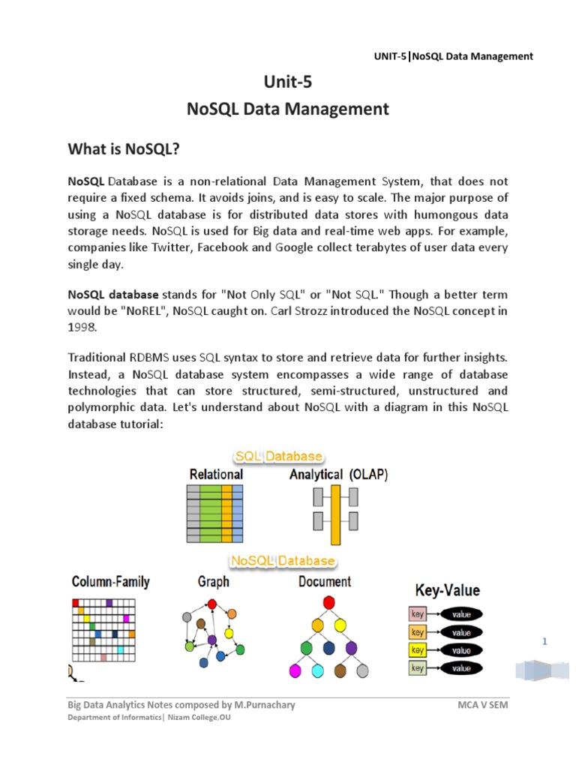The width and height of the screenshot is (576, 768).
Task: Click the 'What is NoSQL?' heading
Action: click(x=124, y=149)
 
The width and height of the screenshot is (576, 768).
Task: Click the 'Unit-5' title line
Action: click(x=288, y=82)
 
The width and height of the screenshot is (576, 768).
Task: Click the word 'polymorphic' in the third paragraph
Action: click(x=101, y=407)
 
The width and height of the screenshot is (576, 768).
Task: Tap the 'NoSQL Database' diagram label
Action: click(x=283, y=561)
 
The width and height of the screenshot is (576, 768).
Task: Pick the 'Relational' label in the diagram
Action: click(x=216, y=474)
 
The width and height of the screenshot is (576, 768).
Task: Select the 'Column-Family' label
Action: click(x=110, y=582)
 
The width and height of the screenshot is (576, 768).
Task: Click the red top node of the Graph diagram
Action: click(x=212, y=604)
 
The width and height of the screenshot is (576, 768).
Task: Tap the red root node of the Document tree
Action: click(x=328, y=601)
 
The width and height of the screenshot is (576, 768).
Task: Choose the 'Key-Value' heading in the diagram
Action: click(x=448, y=589)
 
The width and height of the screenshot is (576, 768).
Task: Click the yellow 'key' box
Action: click(x=418, y=649)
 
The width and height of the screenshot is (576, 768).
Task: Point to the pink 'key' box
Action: click(x=418, y=614)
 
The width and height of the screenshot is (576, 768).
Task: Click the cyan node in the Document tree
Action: click(x=317, y=670)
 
